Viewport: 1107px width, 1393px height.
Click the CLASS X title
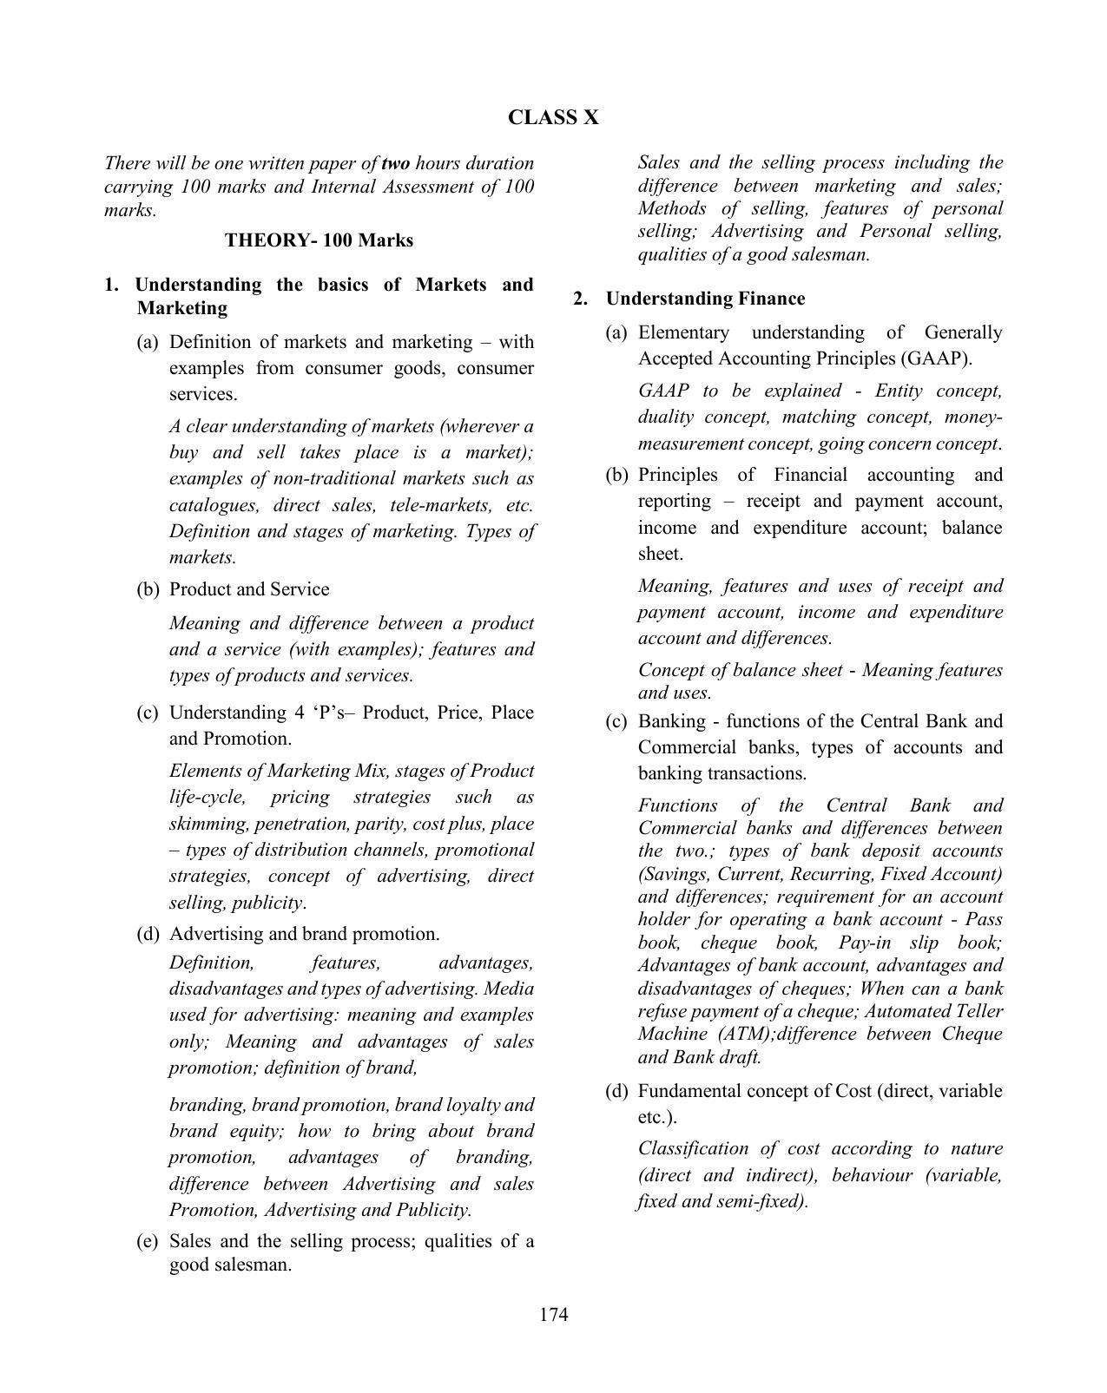coord(553,118)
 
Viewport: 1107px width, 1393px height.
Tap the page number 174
coord(553,1314)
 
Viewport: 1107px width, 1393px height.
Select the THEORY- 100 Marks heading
coord(319,240)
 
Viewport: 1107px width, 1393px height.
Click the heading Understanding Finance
coord(705,299)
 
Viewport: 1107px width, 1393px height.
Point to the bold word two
coord(395,163)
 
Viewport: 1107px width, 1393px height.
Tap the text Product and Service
coord(249,589)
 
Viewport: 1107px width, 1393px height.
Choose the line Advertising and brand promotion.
coord(304,934)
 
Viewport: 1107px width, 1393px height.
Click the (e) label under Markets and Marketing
coord(148,1241)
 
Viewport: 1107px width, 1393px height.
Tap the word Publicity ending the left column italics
coord(432,1210)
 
